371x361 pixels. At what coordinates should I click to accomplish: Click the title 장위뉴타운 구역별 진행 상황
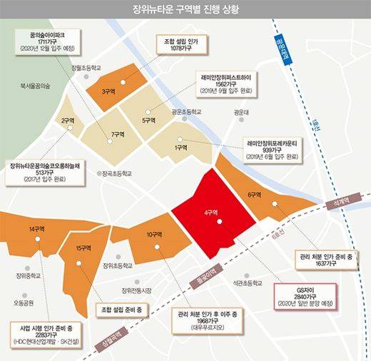(x=185, y=10)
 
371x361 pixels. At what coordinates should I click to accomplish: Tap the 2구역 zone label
(x=68, y=121)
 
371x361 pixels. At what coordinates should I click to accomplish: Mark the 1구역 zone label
(x=180, y=148)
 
